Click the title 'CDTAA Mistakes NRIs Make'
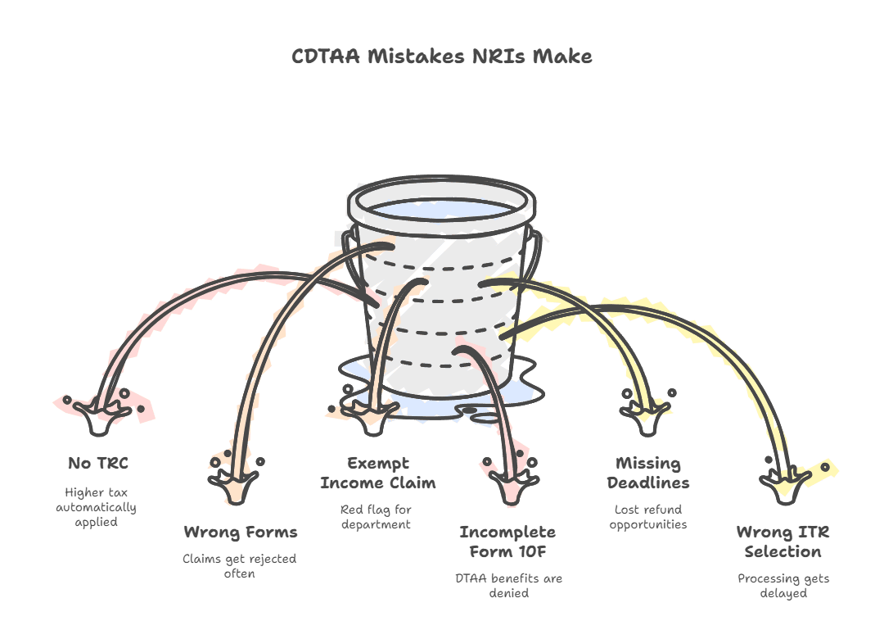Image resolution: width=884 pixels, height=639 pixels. coord(441,57)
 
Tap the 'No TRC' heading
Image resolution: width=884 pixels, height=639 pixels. coord(98,464)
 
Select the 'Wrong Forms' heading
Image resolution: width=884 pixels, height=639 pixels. coord(241,532)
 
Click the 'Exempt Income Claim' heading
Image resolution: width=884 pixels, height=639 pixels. coord(377,473)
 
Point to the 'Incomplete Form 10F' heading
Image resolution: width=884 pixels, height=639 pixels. coord(507,542)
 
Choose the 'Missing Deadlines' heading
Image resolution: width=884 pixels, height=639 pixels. coord(648,473)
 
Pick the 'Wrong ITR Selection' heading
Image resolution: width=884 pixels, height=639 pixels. coord(783,542)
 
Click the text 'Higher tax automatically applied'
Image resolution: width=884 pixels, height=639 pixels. coord(97,507)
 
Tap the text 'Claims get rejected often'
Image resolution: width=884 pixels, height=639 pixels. coord(240,566)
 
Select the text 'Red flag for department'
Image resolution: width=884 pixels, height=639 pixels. coord(376,517)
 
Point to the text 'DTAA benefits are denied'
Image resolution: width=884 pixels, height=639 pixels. coord(508,586)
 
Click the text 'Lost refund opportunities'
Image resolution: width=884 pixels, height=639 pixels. coord(648,517)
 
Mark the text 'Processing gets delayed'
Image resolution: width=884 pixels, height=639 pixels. coord(783,586)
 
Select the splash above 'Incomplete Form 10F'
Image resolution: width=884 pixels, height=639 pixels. coord(512,480)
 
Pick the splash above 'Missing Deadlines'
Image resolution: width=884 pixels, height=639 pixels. coord(647,412)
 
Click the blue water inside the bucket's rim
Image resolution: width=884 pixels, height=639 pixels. coord(441,209)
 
